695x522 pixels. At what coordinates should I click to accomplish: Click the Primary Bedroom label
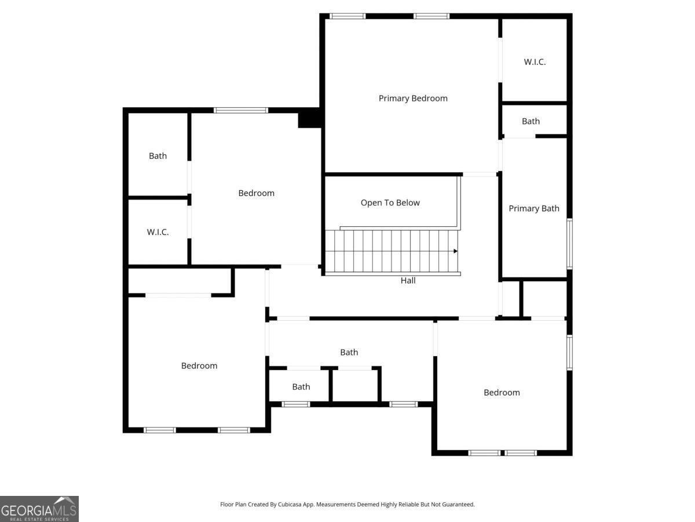(413, 98)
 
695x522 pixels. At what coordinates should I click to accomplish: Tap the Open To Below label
(390, 202)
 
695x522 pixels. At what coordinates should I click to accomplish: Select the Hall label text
(408, 280)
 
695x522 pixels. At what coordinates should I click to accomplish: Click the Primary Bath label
(534, 208)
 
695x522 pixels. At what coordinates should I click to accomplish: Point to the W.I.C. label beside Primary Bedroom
(535, 62)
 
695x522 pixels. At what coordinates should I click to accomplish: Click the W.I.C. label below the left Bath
(158, 232)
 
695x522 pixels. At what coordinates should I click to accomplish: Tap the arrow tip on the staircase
(456, 251)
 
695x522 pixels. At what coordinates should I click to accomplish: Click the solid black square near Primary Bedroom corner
(310, 118)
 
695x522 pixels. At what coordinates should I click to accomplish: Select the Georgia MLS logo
(39, 509)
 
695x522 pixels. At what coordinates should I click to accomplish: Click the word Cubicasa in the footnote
(290, 504)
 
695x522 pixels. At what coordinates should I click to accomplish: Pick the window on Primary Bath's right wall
(569, 244)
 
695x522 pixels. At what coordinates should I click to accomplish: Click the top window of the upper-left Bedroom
(240, 110)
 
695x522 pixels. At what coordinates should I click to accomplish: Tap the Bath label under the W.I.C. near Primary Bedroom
(531, 121)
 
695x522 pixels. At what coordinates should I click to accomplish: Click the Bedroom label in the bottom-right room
(502, 393)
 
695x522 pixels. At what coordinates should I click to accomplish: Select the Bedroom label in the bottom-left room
(199, 366)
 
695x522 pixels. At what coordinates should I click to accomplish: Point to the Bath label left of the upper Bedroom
(158, 155)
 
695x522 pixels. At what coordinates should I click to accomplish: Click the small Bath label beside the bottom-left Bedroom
(301, 387)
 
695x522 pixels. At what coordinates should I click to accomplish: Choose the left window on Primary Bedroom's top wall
(348, 16)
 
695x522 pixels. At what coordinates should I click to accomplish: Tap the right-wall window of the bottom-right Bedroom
(569, 353)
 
